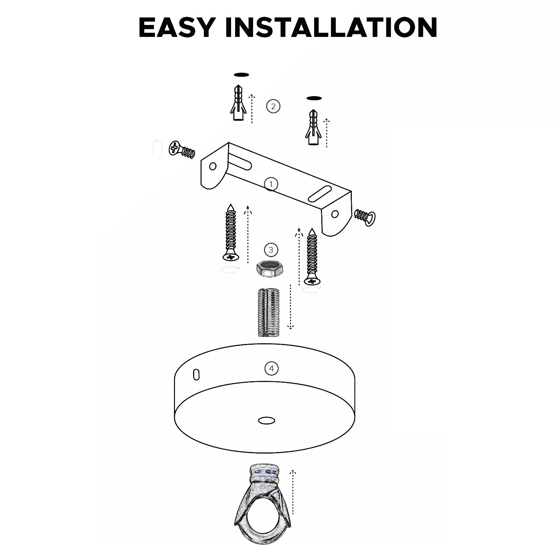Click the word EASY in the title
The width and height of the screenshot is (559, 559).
[177, 27]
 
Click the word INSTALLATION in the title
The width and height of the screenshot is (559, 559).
[331, 27]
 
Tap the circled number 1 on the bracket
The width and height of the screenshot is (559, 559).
[271, 184]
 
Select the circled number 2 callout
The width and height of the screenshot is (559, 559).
[273, 106]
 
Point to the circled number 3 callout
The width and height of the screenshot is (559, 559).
[271, 249]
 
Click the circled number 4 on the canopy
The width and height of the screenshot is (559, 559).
[271, 369]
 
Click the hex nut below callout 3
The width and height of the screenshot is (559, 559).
[269, 269]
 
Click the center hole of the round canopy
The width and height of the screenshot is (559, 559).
[266, 420]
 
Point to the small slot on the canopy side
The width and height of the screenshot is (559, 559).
[196, 375]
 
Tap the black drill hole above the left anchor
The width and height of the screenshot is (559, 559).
[241, 75]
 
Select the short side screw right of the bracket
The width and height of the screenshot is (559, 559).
[365, 217]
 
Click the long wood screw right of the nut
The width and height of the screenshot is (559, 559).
[313, 257]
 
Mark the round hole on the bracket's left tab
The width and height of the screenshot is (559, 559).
[213, 166]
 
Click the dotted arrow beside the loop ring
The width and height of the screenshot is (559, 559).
[293, 492]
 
